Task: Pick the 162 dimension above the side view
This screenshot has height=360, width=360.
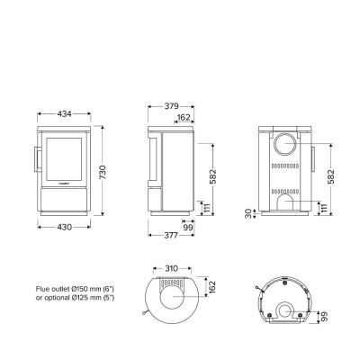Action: point(183,117)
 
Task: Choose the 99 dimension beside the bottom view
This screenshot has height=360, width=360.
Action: point(323,318)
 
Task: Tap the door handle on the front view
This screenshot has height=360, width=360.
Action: point(36,158)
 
